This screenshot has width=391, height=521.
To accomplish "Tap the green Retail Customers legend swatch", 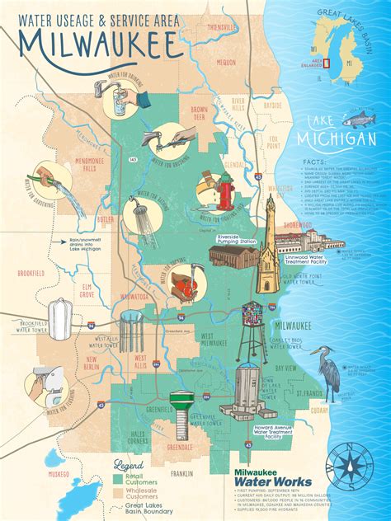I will pos(117,476).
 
